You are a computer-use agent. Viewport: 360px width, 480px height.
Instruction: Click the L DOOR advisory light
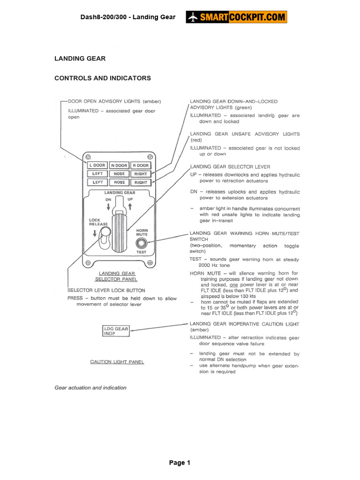pyautogui.click(x=97, y=165)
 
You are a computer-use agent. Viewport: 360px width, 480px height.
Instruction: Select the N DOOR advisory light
pyautogui.click(x=120, y=165)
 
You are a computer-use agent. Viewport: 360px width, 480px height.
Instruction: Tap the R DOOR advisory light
pyautogui.click(x=140, y=165)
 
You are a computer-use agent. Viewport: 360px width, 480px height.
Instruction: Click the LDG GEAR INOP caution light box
pyautogui.click(x=116, y=331)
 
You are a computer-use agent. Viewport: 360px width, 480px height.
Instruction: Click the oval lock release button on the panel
pyautogui.click(x=105, y=232)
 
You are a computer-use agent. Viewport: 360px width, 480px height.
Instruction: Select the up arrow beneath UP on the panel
pyautogui.click(x=130, y=205)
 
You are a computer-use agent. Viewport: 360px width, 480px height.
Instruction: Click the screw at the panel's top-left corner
pyautogui.click(x=88, y=157)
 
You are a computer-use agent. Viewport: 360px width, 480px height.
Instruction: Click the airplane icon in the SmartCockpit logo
pyautogui.click(x=193, y=17)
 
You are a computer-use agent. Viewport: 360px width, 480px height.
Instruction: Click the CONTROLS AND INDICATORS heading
pyautogui.click(x=103, y=78)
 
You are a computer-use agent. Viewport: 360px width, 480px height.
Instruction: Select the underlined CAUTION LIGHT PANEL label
pyautogui.click(x=117, y=362)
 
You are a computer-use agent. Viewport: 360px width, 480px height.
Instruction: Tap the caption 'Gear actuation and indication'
pyautogui.click(x=90, y=388)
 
